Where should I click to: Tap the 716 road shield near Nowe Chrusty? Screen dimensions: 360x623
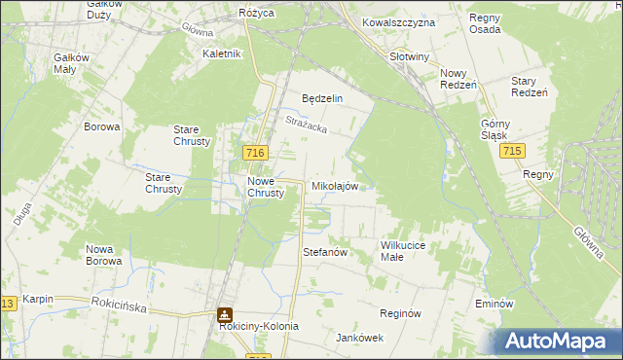tap(256, 154)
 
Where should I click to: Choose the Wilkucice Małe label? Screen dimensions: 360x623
tap(405, 252)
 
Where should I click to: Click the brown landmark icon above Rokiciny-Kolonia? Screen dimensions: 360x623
tap(225, 315)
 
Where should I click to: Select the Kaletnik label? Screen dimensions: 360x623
tap(221, 54)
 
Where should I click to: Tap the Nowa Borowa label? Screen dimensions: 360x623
tap(103, 255)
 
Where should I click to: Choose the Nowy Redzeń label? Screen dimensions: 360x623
tap(458, 80)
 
